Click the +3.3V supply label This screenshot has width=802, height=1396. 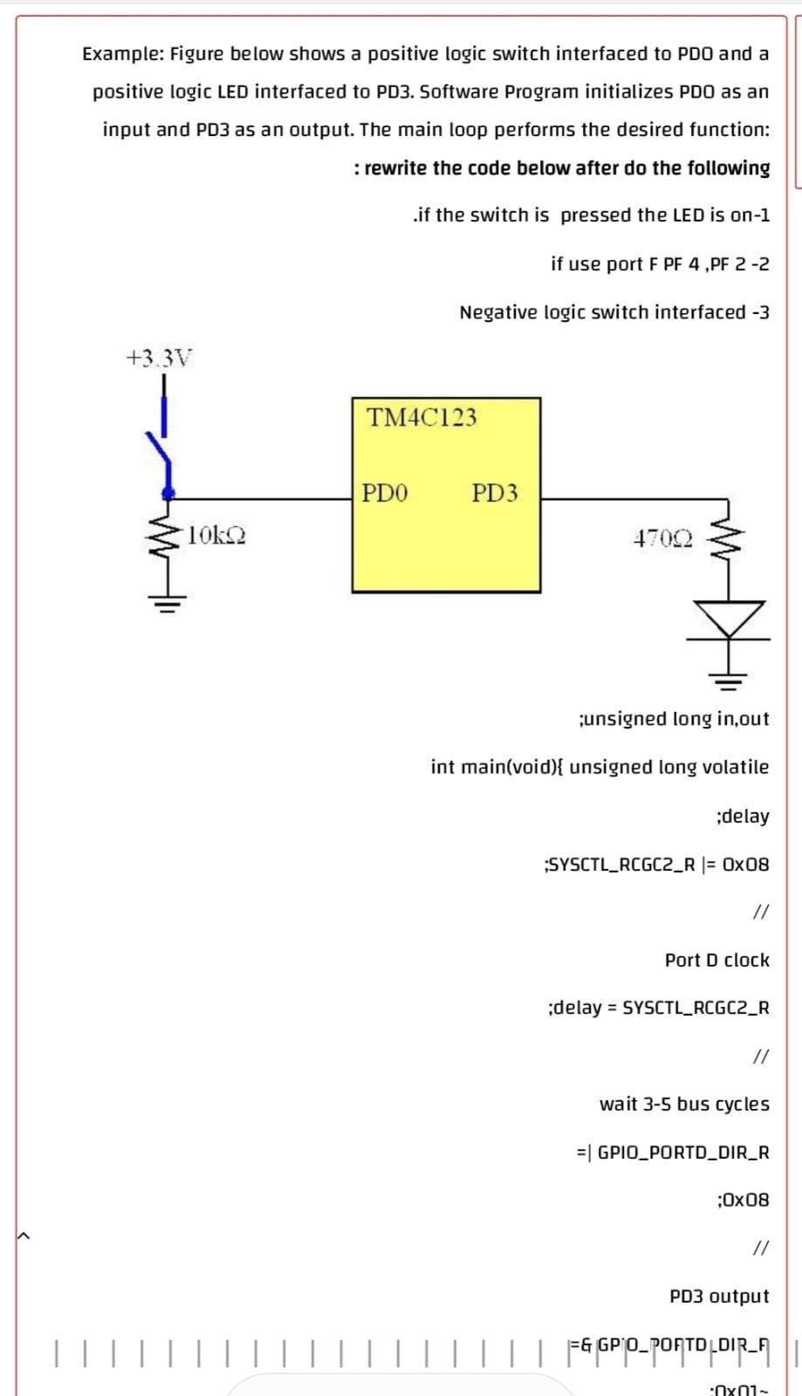[159, 358]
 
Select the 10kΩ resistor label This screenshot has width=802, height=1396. [216, 535]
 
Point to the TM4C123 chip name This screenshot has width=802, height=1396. [422, 417]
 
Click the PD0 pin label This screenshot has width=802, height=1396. [385, 493]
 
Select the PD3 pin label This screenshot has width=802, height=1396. [495, 493]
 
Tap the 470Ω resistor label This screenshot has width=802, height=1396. [663, 538]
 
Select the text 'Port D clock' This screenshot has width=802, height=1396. [716, 960]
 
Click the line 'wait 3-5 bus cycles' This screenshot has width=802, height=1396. [684, 1104]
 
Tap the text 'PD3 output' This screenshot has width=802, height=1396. [719, 1297]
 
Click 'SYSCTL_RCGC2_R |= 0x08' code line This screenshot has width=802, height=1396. [656, 865]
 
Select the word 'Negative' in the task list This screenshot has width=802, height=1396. [497, 312]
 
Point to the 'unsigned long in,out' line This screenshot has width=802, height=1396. [674, 719]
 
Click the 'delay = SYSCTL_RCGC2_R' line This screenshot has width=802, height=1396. [658, 1008]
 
